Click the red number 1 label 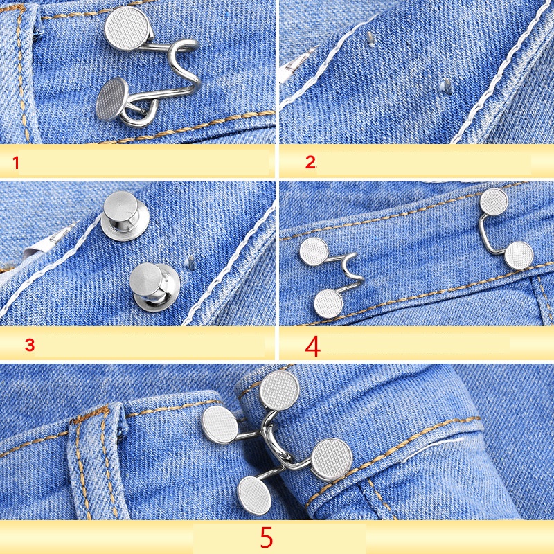(x=15, y=163)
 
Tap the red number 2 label (x=310, y=162)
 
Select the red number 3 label (x=30, y=344)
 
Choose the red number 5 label (x=267, y=537)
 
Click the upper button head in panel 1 (x=127, y=27)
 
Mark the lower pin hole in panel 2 (x=447, y=85)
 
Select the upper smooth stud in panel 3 (x=125, y=215)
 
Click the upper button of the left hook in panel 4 (x=314, y=251)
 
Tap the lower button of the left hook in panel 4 (x=328, y=303)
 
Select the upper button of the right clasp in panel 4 (x=494, y=202)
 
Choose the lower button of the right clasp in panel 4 (x=519, y=256)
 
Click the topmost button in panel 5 (x=280, y=390)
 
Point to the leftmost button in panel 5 (x=220, y=424)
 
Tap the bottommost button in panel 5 (x=254, y=495)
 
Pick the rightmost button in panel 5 (x=332, y=459)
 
